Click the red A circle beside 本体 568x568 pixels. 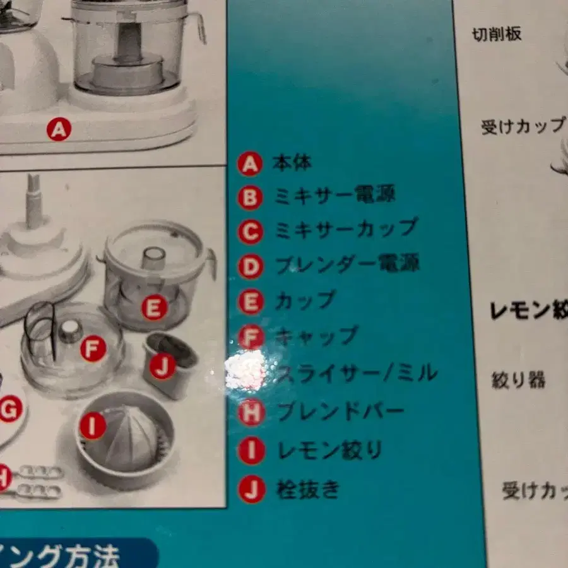tap(250, 164)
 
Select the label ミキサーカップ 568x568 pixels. tap(346, 229)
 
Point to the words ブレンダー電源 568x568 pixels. tap(347, 264)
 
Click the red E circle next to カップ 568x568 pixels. tap(251, 301)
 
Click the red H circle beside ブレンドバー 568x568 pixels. tap(251, 413)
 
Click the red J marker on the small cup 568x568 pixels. tap(162, 367)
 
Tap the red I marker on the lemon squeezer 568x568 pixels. tap(93, 427)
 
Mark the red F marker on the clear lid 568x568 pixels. tap(93, 348)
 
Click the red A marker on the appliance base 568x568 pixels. tap(59, 130)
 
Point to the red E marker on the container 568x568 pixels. tap(153, 308)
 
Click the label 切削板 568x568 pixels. tap(497, 34)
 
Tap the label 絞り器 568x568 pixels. tap(518, 381)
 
